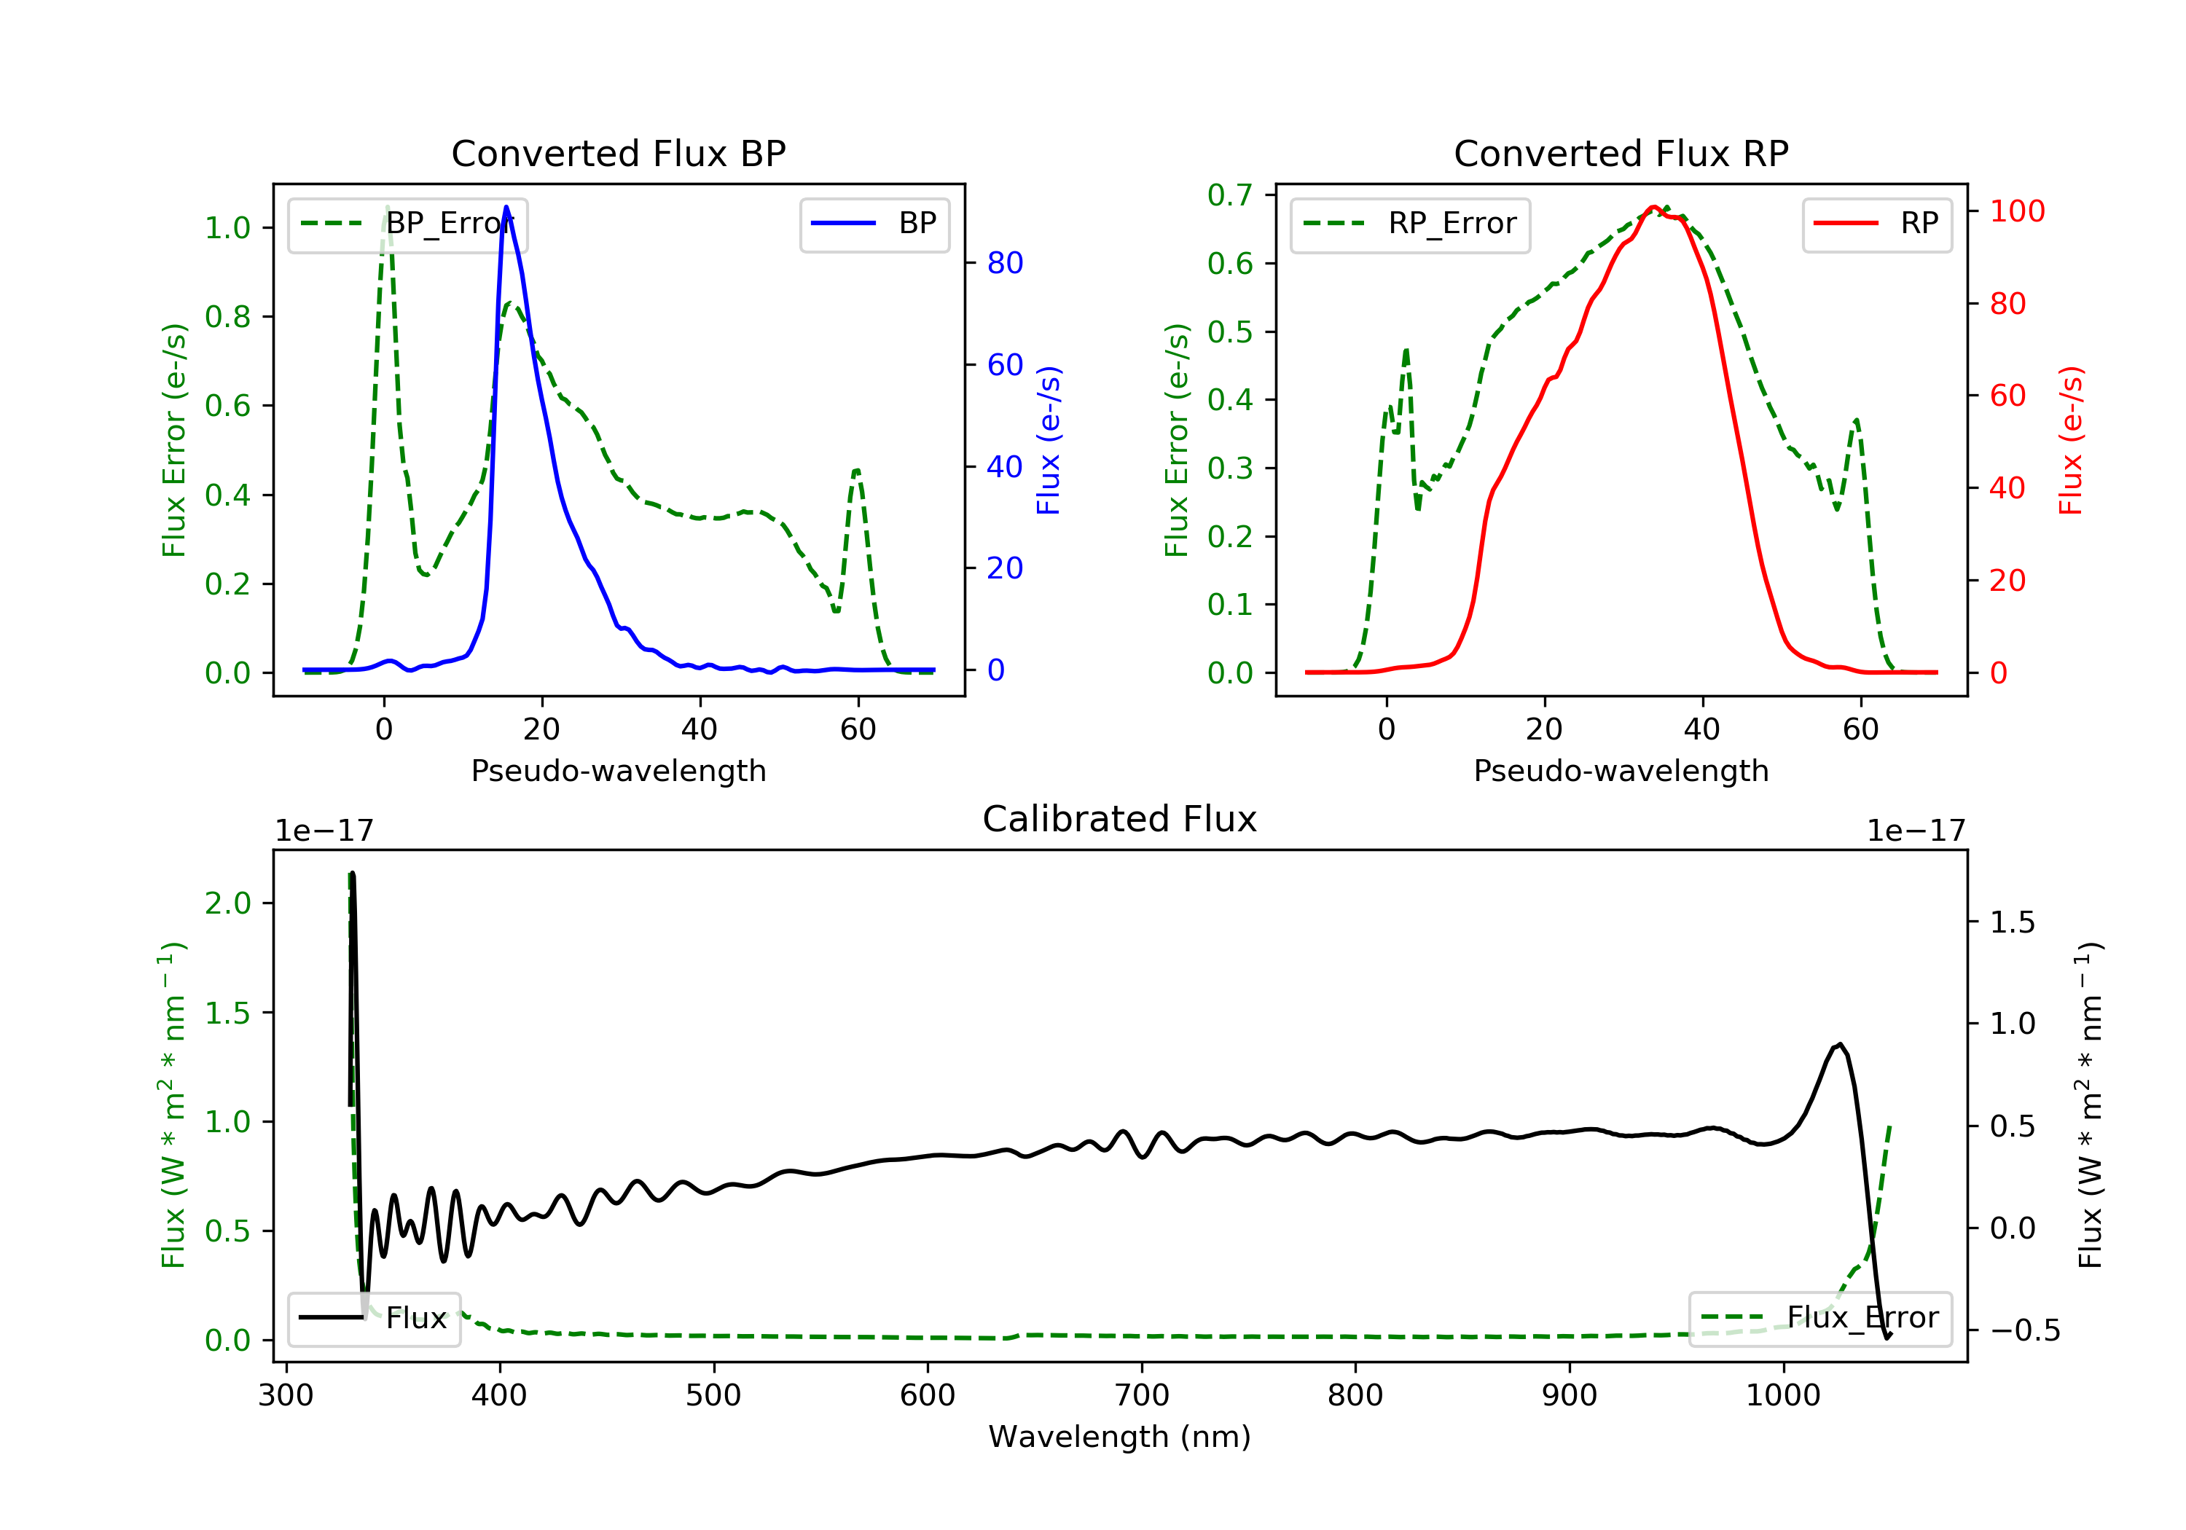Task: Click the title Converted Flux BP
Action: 618,153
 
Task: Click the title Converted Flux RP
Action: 1621,153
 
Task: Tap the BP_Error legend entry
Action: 407,224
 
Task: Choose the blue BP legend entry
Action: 874,224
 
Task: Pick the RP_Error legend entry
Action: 1410,224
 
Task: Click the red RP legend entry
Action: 1876,224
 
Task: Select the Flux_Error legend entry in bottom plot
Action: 1819,1318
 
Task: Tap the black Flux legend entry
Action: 375,1319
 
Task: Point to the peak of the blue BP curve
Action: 506,207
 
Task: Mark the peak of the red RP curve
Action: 1654,207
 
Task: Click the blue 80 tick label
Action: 1004,263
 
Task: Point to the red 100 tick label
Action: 2016,211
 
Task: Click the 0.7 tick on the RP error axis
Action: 1229,195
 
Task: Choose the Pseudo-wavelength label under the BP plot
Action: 618,770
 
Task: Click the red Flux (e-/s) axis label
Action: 2071,440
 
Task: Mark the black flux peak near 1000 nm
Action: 1839,1045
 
